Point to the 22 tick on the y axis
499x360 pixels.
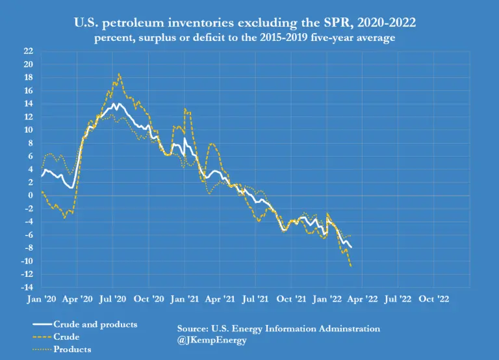[29, 51]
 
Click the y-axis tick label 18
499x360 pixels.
[29, 77]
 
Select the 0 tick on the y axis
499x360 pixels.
[31, 195]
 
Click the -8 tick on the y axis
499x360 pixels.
[29, 248]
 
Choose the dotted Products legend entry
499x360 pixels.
[72, 350]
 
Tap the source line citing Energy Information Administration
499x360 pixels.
[278, 328]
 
